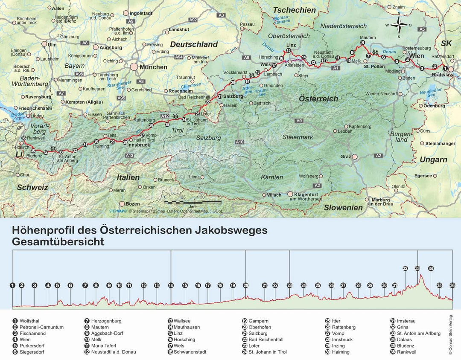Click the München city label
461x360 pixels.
pos(154,67)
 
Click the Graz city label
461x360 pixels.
pos(345,157)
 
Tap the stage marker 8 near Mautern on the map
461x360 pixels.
pos(362,43)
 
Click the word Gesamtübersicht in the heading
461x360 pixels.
pos(58,241)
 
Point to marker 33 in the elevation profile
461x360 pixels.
pos(417,268)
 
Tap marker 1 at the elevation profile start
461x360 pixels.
pos(13,285)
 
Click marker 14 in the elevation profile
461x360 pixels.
pos(171,285)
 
